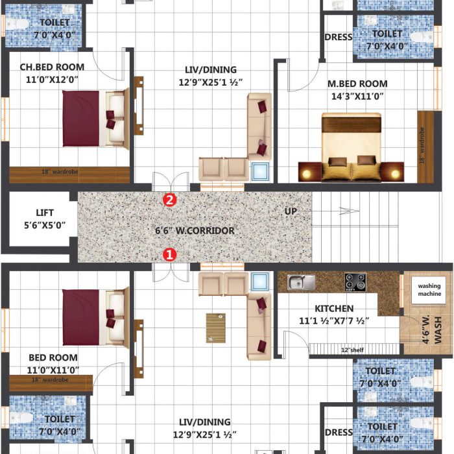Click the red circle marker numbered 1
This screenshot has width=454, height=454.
click(x=169, y=255)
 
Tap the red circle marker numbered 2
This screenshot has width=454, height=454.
click(x=169, y=200)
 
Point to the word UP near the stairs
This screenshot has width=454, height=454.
click(x=291, y=211)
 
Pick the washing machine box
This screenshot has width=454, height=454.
click(x=429, y=290)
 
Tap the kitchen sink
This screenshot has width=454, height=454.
click(x=300, y=282)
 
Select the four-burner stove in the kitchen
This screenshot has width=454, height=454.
click(x=355, y=282)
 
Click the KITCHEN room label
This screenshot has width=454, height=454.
click(x=334, y=308)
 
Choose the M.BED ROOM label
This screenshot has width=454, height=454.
click(x=357, y=84)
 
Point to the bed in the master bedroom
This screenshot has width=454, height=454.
click(x=351, y=147)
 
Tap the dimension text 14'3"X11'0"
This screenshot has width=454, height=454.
click(x=357, y=96)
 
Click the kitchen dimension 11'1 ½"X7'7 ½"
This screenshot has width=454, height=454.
click(x=334, y=320)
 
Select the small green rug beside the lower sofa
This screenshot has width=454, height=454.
click(x=216, y=328)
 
